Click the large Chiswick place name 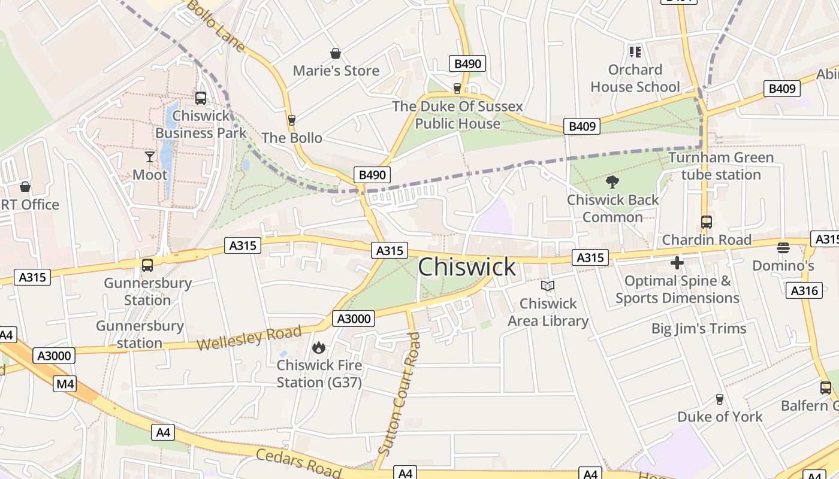(x=466, y=267)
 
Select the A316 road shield (x=804, y=290)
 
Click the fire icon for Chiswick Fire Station (x=319, y=347)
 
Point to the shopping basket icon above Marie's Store (x=336, y=53)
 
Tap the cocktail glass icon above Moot (x=150, y=157)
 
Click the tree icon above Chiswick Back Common (x=612, y=182)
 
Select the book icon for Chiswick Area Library (x=548, y=286)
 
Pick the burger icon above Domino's (x=783, y=247)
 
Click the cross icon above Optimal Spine (x=677, y=263)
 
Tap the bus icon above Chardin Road (x=706, y=222)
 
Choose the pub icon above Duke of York (x=720, y=399)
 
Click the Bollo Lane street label (x=215, y=25)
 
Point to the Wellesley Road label (x=249, y=339)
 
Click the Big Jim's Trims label (x=699, y=329)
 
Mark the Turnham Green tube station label (x=721, y=166)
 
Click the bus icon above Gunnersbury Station (x=147, y=265)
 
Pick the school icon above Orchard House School (x=635, y=52)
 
